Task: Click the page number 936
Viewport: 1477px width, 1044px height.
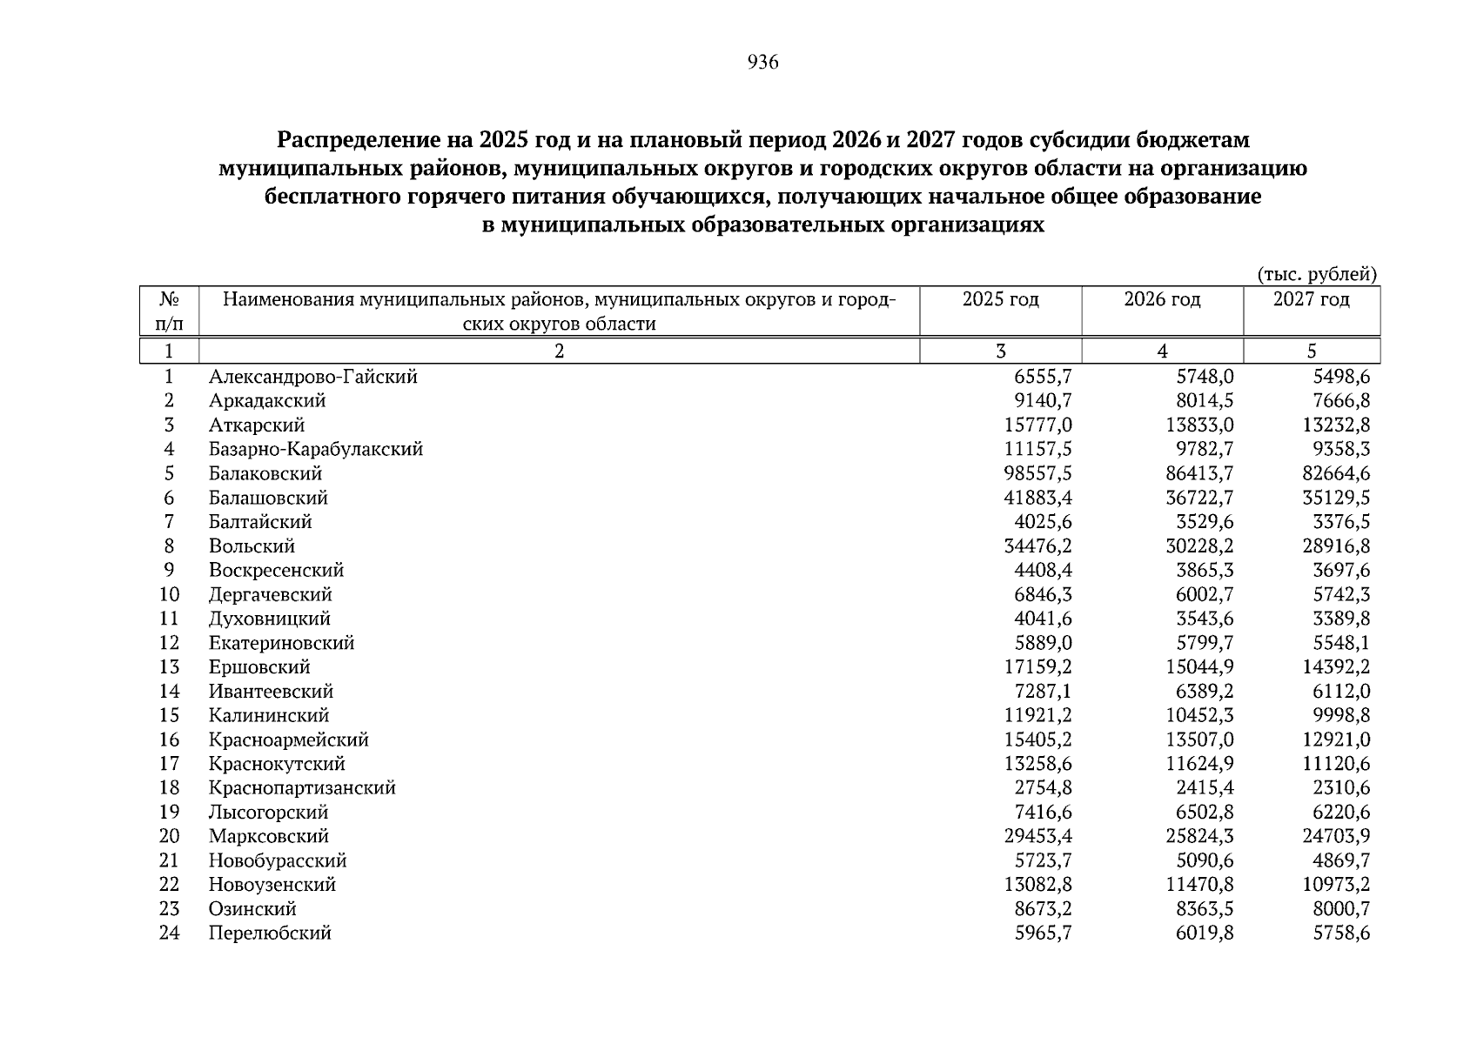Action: tap(762, 63)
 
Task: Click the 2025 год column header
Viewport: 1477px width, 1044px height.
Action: tap(1000, 299)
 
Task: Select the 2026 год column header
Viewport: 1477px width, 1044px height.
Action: tap(1162, 299)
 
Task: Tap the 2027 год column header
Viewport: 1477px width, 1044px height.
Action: tap(1311, 299)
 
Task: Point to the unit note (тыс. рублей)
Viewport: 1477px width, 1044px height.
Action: tap(1317, 275)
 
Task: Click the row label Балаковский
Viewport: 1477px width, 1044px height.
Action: tap(265, 474)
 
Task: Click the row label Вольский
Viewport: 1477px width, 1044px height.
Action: tap(252, 546)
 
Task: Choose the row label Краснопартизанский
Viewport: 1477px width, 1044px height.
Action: tap(302, 788)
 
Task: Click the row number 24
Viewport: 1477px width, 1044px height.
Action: tap(169, 934)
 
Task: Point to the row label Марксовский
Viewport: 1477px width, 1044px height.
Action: tap(269, 836)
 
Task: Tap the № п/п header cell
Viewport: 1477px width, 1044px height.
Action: tap(170, 311)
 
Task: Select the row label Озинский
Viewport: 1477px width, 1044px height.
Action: tap(252, 909)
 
